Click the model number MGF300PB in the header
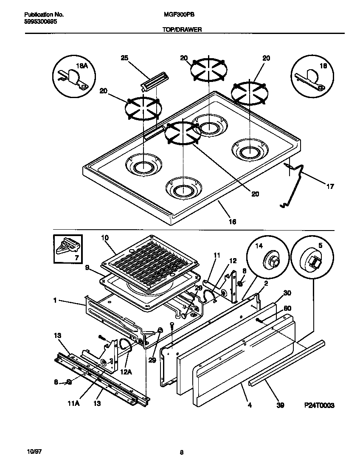click(176, 14)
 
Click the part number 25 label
click(124, 58)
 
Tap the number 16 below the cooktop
click(232, 221)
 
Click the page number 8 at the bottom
click(181, 452)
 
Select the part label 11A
click(74, 403)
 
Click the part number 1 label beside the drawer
click(55, 301)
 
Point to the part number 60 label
click(287, 309)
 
